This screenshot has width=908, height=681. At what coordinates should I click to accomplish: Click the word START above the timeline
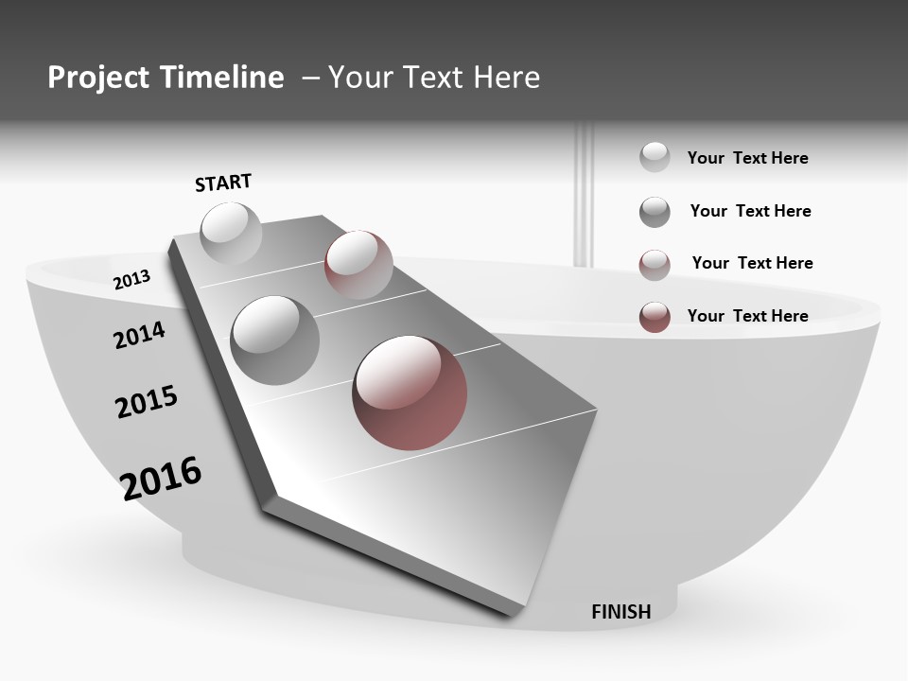point(223,183)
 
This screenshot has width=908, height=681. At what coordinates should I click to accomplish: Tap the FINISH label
point(621,612)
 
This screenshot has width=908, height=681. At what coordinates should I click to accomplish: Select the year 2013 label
point(131,280)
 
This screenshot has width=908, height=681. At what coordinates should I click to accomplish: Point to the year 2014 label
point(139,335)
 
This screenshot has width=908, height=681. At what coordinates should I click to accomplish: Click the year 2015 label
point(147,402)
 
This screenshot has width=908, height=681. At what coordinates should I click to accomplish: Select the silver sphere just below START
point(231,233)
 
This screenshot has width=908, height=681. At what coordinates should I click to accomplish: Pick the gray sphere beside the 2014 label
point(274,340)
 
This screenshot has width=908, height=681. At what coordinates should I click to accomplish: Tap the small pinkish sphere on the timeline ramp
point(358,264)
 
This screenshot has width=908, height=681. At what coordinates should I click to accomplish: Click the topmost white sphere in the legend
point(655,157)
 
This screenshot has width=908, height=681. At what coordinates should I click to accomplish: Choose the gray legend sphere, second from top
point(655,212)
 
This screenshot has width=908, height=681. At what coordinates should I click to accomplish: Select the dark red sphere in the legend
point(655,317)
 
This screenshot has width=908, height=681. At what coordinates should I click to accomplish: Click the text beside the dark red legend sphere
point(747,316)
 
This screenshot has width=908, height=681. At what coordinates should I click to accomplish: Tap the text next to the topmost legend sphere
point(747,158)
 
